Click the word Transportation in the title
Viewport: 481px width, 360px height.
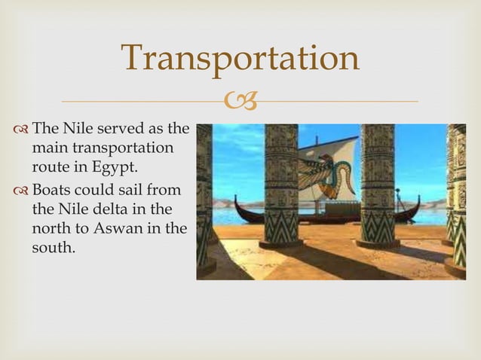[240, 59]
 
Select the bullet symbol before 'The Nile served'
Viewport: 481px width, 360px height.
[21, 129]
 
